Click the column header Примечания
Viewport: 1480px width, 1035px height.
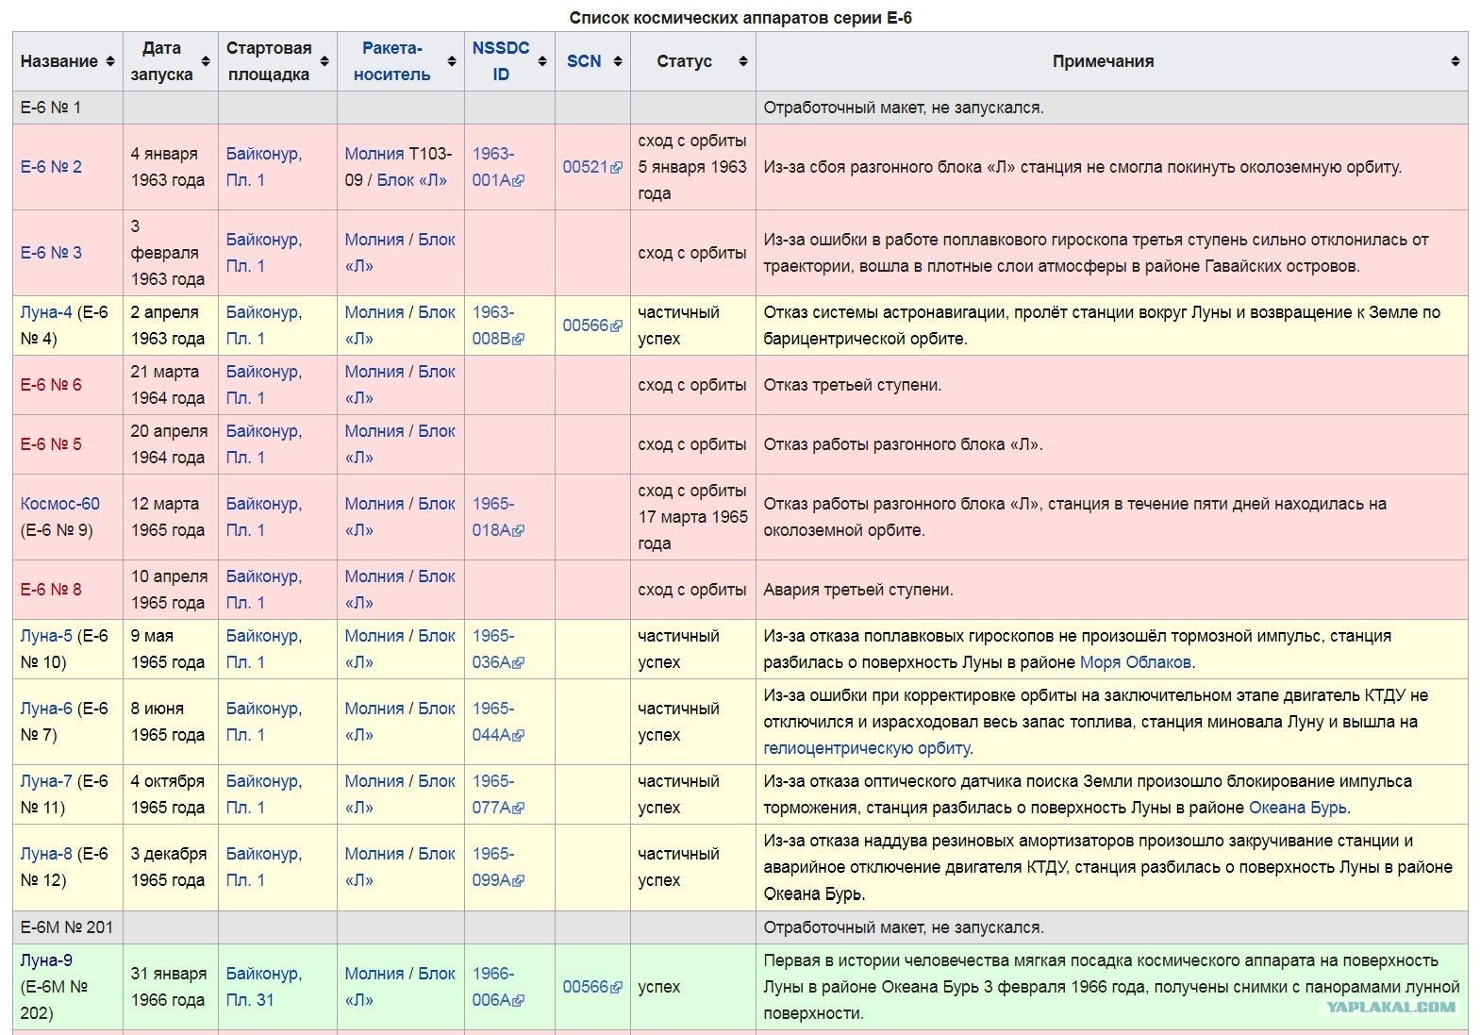pos(1103,61)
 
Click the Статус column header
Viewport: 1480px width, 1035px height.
pos(684,61)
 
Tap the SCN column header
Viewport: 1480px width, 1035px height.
pos(584,61)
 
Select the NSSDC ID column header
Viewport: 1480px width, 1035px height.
pos(501,60)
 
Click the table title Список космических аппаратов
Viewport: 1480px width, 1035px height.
pos(740,18)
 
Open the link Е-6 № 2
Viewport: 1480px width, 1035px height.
pos(51,167)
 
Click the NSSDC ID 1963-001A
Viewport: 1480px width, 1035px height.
pos(497,167)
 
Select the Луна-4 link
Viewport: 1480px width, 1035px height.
pos(46,312)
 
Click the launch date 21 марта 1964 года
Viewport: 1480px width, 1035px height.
pos(167,385)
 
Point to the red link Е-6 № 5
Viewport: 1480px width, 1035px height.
pos(51,444)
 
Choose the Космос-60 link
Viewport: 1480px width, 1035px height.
pos(60,504)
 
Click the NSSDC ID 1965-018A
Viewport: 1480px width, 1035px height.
pos(497,517)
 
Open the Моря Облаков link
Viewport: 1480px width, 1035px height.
pos(1135,662)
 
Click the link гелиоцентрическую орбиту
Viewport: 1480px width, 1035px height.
pos(866,748)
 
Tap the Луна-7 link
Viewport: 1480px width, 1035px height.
pos(46,781)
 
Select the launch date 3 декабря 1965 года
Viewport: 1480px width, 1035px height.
pos(169,867)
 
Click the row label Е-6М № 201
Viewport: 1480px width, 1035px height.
pos(67,927)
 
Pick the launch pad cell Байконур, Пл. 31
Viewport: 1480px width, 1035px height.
pos(263,987)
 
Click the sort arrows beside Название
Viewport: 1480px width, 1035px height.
pos(110,61)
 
